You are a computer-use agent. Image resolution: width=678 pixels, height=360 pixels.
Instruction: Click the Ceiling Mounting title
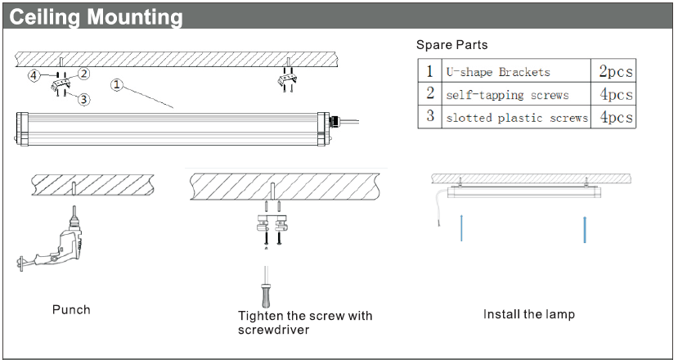pos(96,16)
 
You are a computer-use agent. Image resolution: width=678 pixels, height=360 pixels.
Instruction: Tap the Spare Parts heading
pos(451,44)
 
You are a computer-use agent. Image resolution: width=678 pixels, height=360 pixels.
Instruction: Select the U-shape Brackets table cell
pos(498,72)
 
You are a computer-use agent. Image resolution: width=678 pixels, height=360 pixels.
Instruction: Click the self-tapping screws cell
pos(507,95)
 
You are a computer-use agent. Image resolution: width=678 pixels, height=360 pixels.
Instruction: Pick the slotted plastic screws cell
pos(516,118)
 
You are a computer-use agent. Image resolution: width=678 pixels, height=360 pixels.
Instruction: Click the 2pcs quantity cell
pos(616,71)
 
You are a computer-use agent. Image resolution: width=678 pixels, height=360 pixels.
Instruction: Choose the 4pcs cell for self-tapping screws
pos(616,94)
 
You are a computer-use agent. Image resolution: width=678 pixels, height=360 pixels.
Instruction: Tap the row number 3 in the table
pos(429,116)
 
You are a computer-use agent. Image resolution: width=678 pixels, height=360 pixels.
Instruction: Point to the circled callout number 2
pos(83,74)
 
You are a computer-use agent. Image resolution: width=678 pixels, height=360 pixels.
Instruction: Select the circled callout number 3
pos(83,99)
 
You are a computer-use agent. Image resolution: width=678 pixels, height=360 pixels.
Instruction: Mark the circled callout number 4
pos(34,76)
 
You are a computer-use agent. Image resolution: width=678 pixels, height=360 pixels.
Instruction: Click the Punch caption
pos(71,310)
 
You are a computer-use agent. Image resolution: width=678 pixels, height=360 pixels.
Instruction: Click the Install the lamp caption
pos(528,314)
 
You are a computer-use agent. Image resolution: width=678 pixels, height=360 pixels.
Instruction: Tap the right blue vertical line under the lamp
pos(586,229)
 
